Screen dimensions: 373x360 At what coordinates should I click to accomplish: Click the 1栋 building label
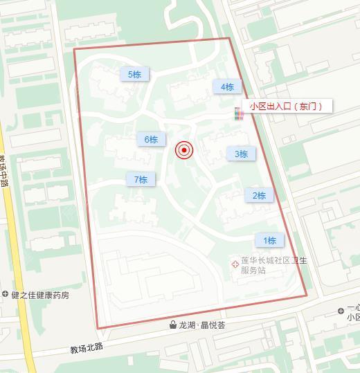click(269, 240)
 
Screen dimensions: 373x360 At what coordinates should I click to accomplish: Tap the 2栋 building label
click(259, 196)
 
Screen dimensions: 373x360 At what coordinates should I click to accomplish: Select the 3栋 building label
click(241, 154)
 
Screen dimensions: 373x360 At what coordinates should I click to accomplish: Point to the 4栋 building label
click(227, 87)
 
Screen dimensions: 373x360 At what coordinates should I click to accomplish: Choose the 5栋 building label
click(134, 74)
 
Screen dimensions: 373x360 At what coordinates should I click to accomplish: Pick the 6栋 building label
click(151, 139)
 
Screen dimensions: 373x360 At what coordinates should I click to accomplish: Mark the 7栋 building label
click(141, 179)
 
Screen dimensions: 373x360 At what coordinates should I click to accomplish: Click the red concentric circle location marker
click(183, 150)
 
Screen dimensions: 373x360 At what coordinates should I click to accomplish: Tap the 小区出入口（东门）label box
click(286, 106)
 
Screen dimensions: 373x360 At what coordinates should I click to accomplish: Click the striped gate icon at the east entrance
click(238, 113)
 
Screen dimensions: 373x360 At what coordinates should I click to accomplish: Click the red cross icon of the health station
click(235, 264)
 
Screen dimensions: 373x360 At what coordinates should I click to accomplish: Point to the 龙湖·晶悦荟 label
click(202, 325)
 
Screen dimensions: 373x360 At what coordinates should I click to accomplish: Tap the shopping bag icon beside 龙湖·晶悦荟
click(172, 325)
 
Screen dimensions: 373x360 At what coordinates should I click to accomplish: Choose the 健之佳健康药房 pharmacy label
click(40, 295)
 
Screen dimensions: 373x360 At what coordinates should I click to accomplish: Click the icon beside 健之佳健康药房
click(6, 295)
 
